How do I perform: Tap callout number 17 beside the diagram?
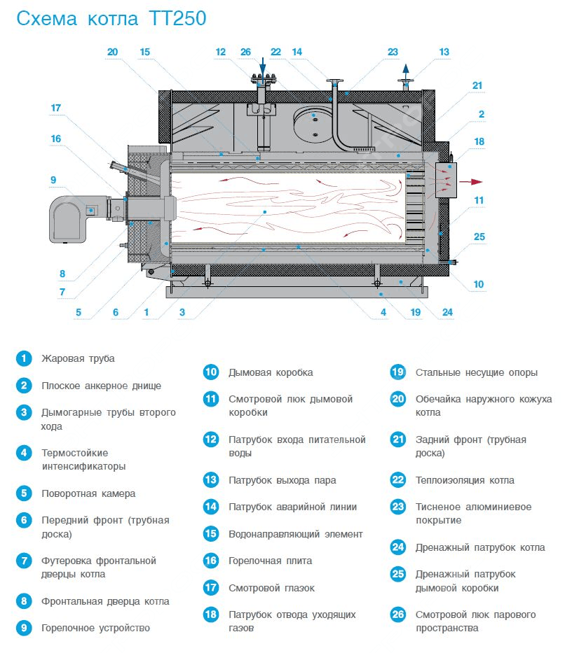(57, 108)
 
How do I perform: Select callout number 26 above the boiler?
(245, 52)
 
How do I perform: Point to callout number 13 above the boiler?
(444, 52)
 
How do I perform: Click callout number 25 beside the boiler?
(479, 237)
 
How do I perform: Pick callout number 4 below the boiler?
(383, 312)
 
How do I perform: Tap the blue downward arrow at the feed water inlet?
(264, 66)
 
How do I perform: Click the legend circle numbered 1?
(25, 358)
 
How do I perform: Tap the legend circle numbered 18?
(211, 615)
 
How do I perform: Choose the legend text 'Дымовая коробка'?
(271, 372)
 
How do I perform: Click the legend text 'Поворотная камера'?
(88, 493)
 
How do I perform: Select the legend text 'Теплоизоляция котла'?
(465, 480)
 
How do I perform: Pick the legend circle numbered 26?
(398, 615)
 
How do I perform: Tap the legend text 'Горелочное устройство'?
(95, 628)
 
